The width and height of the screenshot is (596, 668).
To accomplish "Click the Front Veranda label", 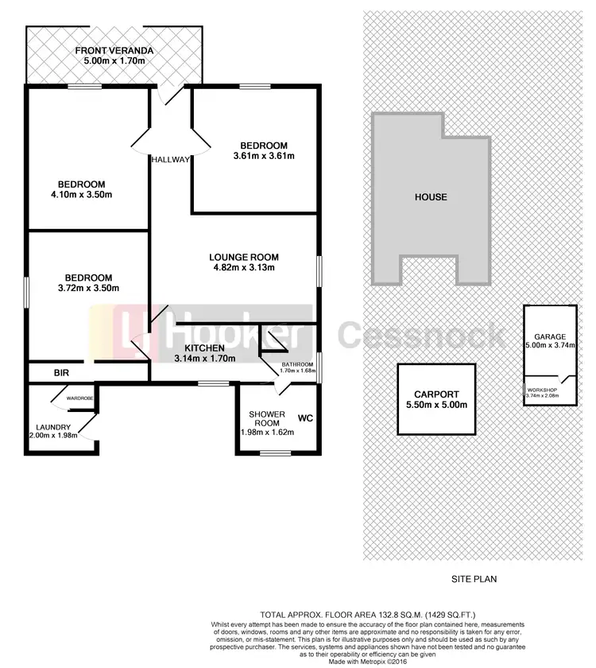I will click(x=114, y=52).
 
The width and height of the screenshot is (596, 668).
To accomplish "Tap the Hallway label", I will click(x=172, y=159).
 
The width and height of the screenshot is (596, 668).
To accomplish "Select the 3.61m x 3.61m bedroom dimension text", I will click(x=264, y=156).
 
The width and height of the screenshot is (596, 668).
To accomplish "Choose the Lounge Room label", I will click(x=244, y=257).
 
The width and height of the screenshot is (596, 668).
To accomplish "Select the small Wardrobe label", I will click(x=80, y=397).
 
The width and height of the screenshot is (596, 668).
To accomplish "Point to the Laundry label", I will click(x=52, y=427).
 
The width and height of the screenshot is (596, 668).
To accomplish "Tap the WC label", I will click(x=306, y=417).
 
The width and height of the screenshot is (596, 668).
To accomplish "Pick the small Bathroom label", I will click(x=288, y=366).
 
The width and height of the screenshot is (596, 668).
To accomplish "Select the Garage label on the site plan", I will click(x=549, y=336).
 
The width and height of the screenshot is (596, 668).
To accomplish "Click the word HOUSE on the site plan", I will click(x=432, y=197).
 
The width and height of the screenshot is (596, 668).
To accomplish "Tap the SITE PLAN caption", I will click(x=474, y=579).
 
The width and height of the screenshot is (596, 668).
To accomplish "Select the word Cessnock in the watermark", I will click(x=422, y=336).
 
